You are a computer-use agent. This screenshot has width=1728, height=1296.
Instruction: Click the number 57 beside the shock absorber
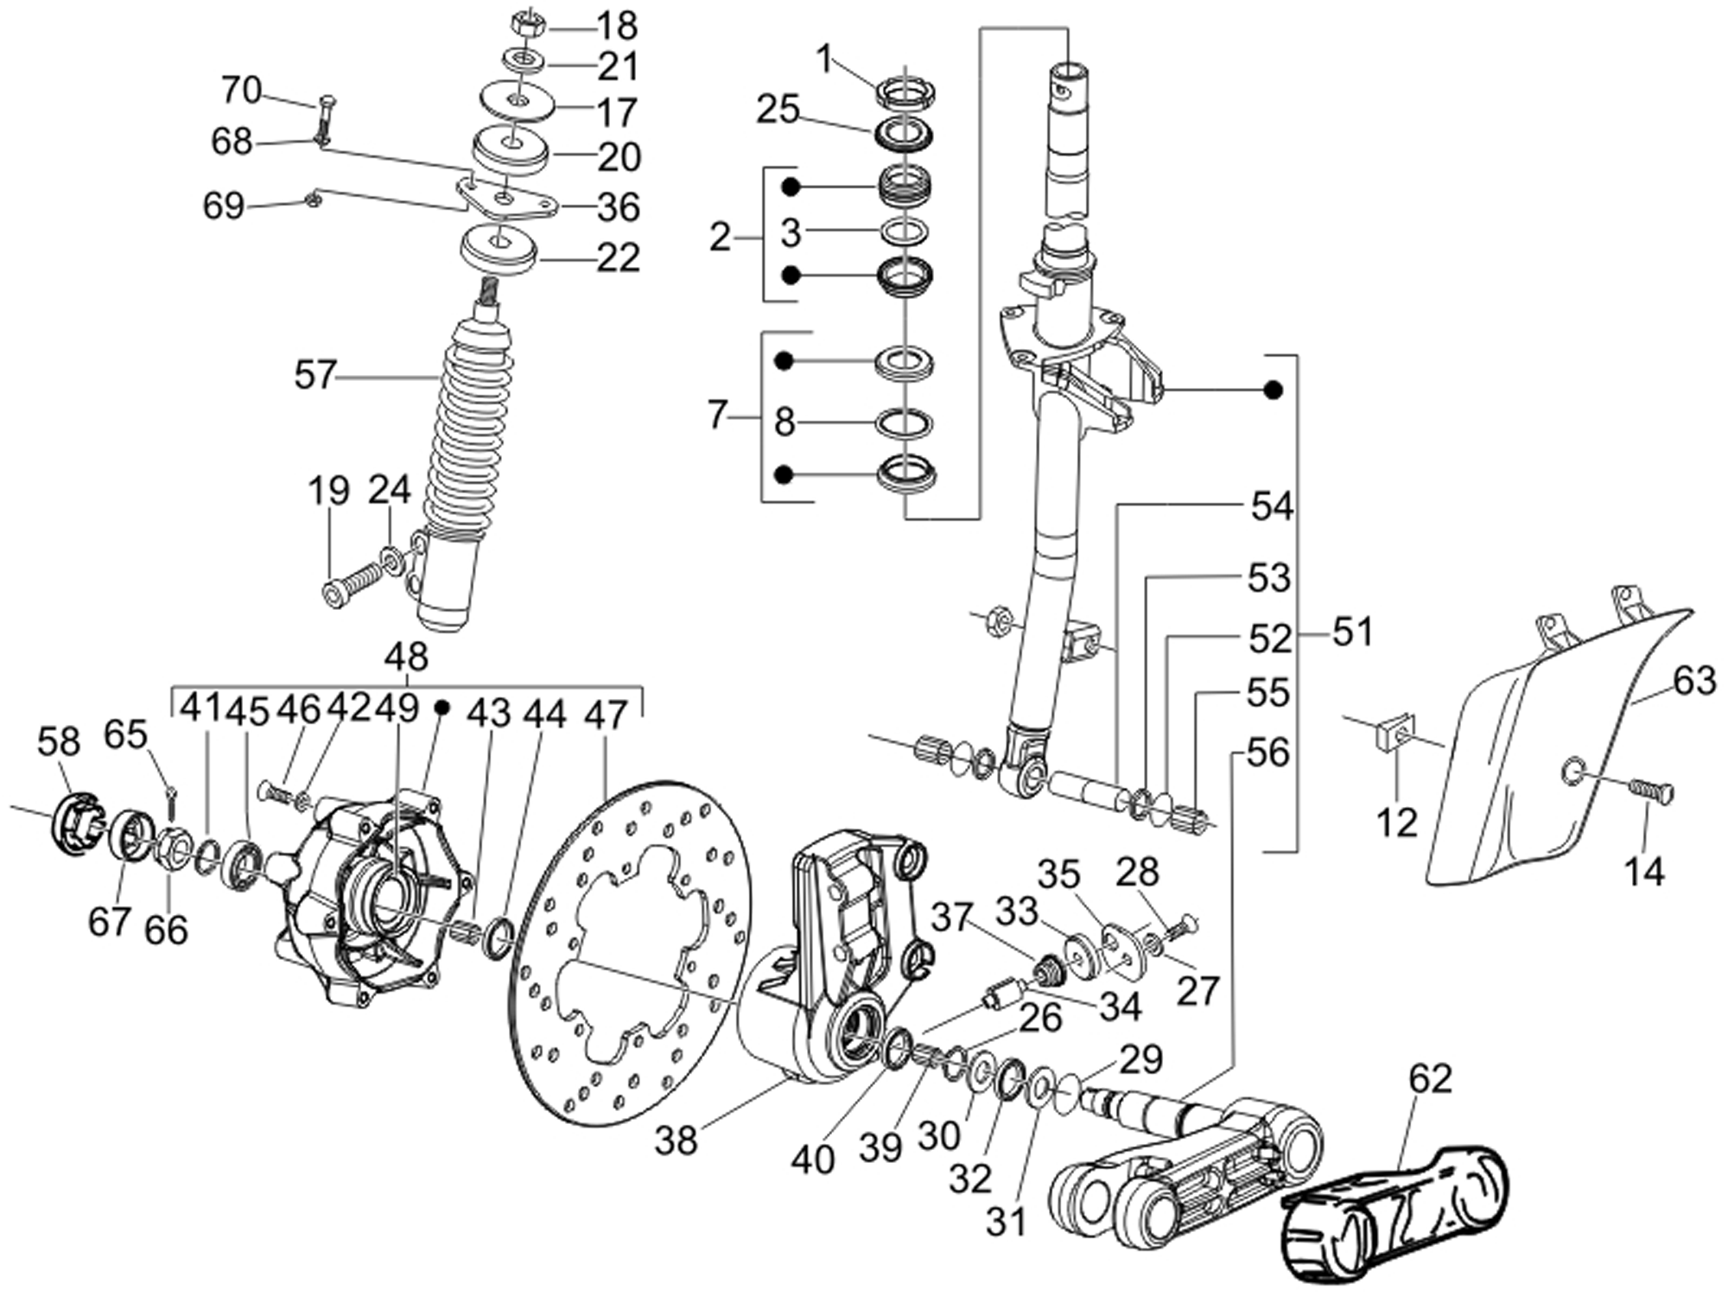314,375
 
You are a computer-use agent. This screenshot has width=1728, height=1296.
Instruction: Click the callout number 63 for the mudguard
1693,681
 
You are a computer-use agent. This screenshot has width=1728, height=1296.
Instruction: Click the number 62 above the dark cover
1430,1078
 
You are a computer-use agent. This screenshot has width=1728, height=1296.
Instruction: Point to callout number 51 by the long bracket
1352,632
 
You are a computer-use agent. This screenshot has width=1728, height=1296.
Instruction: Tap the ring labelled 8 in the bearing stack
904,423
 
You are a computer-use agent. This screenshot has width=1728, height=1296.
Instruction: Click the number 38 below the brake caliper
676,1140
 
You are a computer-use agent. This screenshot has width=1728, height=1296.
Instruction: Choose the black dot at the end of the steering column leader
1272,390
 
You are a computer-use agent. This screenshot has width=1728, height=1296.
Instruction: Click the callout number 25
778,111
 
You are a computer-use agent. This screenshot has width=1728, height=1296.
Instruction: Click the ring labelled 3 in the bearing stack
904,232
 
